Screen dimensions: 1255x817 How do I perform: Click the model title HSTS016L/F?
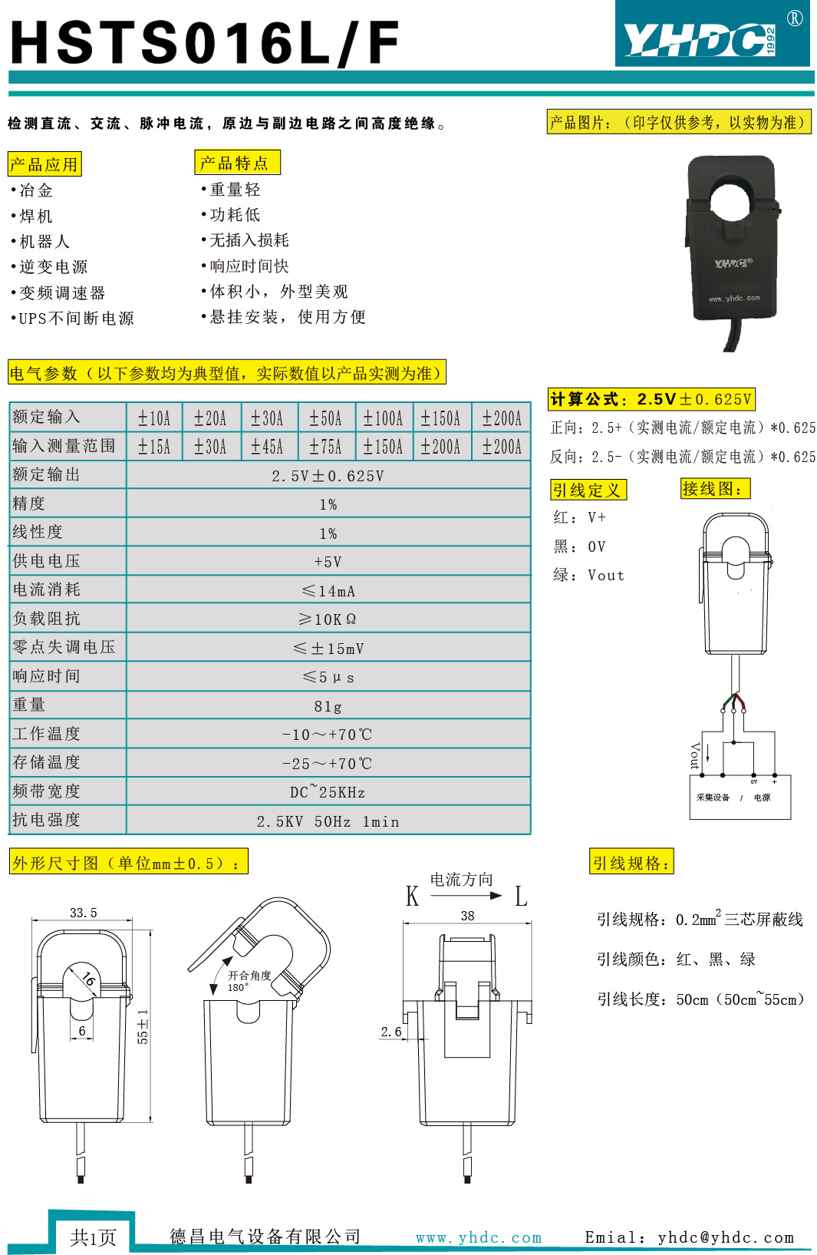(x=205, y=42)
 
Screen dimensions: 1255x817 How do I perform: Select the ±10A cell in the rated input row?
(x=154, y=418)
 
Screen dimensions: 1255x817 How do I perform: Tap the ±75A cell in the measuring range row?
(x=325, y=447)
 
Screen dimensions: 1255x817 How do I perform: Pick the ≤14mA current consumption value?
(x=328, y=591)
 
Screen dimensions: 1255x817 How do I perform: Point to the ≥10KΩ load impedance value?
(x=328, y=619)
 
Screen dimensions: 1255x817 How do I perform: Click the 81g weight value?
(x=328, y=706)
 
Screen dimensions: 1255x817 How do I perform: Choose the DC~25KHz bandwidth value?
(x=328, y=792)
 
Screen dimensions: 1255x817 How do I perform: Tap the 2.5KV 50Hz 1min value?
(x=328, y=821)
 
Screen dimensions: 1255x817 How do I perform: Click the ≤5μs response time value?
(x=328, y=677)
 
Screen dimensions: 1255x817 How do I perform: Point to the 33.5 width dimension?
(x=83, y=913)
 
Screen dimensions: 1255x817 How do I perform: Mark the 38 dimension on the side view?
(x=467, y=916)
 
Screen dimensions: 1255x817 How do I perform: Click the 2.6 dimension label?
(x=391, y=1032)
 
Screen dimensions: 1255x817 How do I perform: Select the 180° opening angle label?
(x=238, y=988)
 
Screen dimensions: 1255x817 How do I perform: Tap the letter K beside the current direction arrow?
(x=413, y=897)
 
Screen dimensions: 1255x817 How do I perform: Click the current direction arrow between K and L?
(x=465, y=896)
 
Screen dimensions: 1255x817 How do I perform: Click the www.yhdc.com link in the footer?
(x=479, y=1237)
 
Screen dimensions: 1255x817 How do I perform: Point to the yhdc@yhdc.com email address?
(x=725, y=1237)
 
